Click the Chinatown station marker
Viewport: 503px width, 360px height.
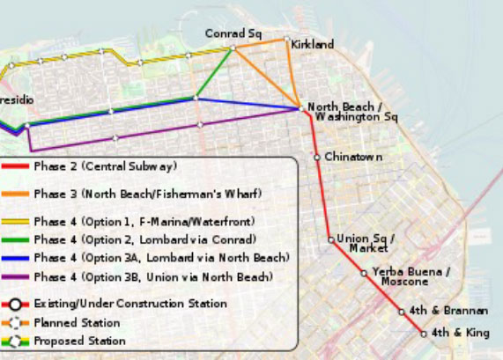(316, 158)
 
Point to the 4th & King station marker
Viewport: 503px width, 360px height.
(424, 334)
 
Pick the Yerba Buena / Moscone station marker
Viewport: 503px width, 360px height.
(364, 274)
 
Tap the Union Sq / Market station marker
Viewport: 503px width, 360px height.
(330, 239)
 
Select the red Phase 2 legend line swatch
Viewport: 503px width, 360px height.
(17, 166)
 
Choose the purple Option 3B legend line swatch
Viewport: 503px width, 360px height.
(17, 277)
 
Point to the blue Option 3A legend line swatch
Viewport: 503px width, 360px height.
(17, 258)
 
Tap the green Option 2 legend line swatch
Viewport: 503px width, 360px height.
(17, 239)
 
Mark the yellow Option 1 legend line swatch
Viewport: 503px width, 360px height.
(17, 221)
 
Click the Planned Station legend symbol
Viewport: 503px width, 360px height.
(17, 321)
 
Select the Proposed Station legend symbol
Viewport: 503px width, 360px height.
(17, 340)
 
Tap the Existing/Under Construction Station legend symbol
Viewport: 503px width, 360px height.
(17, 303)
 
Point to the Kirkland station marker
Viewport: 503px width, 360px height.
(285, 40)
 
